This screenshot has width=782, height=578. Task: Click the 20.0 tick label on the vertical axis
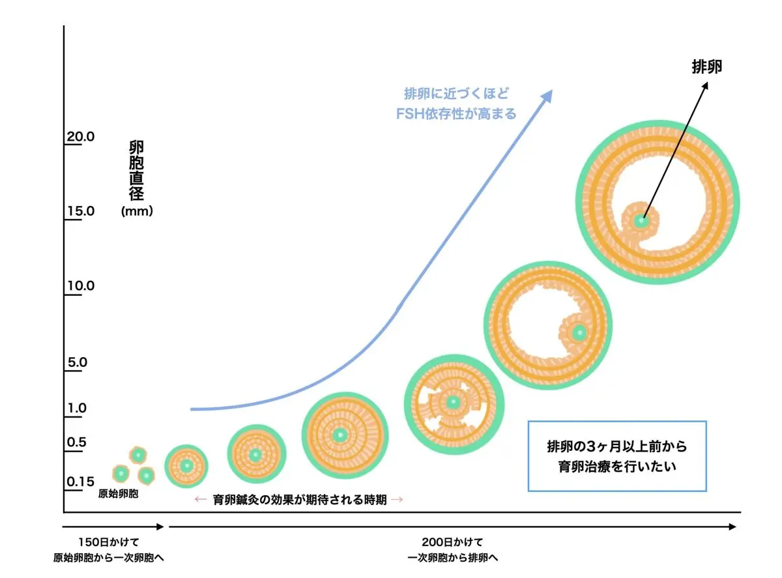[x=81, y=137]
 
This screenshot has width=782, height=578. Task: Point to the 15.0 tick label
[x=81, y=212]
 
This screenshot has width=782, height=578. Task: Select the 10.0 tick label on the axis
[x=81, y=286]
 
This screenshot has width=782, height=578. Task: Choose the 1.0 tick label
[x=77, y=409]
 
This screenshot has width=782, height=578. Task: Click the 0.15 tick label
[x=80, y=482]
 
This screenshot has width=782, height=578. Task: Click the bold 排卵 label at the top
[x=706, y=66]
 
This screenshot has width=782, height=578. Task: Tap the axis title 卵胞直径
[x=136, y=170]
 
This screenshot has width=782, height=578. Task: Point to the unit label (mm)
[x=137, y=211]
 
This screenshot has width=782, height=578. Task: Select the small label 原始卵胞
[x=119, y=494]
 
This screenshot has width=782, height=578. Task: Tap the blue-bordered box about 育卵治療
[x=616, y=456]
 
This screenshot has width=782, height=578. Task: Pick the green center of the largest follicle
[x=642, y=221]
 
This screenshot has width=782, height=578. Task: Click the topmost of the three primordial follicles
[x=137, y=455]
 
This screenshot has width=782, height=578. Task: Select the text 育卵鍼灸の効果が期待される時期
[x=300, y=500]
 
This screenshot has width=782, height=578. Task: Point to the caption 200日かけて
[x=452, y=542]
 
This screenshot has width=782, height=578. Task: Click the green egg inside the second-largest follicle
[x=577, y=333]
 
